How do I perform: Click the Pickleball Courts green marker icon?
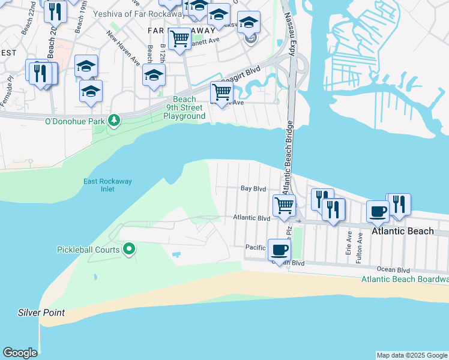(128, 248)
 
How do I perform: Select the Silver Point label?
(41, 313)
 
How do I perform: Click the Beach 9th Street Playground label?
(184, 107)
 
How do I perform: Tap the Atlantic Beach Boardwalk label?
(405, 279)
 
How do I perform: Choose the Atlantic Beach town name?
(402, 231)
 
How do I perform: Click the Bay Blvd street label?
(253, 188)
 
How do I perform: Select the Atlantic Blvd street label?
(252, 218)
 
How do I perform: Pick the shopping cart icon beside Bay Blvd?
(284, 205)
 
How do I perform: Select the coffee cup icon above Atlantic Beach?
(378, 210)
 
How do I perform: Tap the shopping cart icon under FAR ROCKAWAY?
(179, 39)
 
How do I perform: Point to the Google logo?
(20, 353)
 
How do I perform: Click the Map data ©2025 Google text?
(411, 355)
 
